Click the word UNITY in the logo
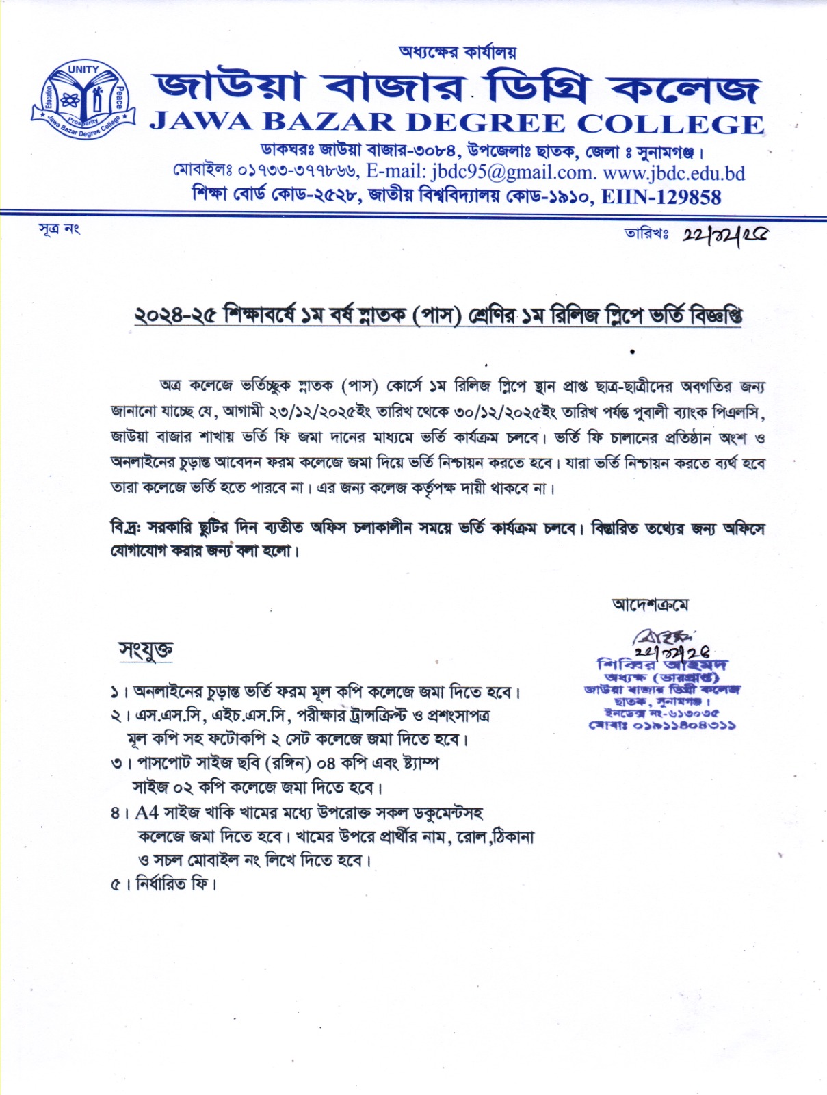(x=83, y=70)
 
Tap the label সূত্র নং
(x=59, y=229)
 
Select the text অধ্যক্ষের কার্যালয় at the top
(x=458, y=52)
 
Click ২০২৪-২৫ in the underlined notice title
(x=174, y=316)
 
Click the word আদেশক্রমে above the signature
(x=650, y=604)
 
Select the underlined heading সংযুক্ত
(x=146, y=649)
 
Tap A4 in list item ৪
(x=146, y=812)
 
